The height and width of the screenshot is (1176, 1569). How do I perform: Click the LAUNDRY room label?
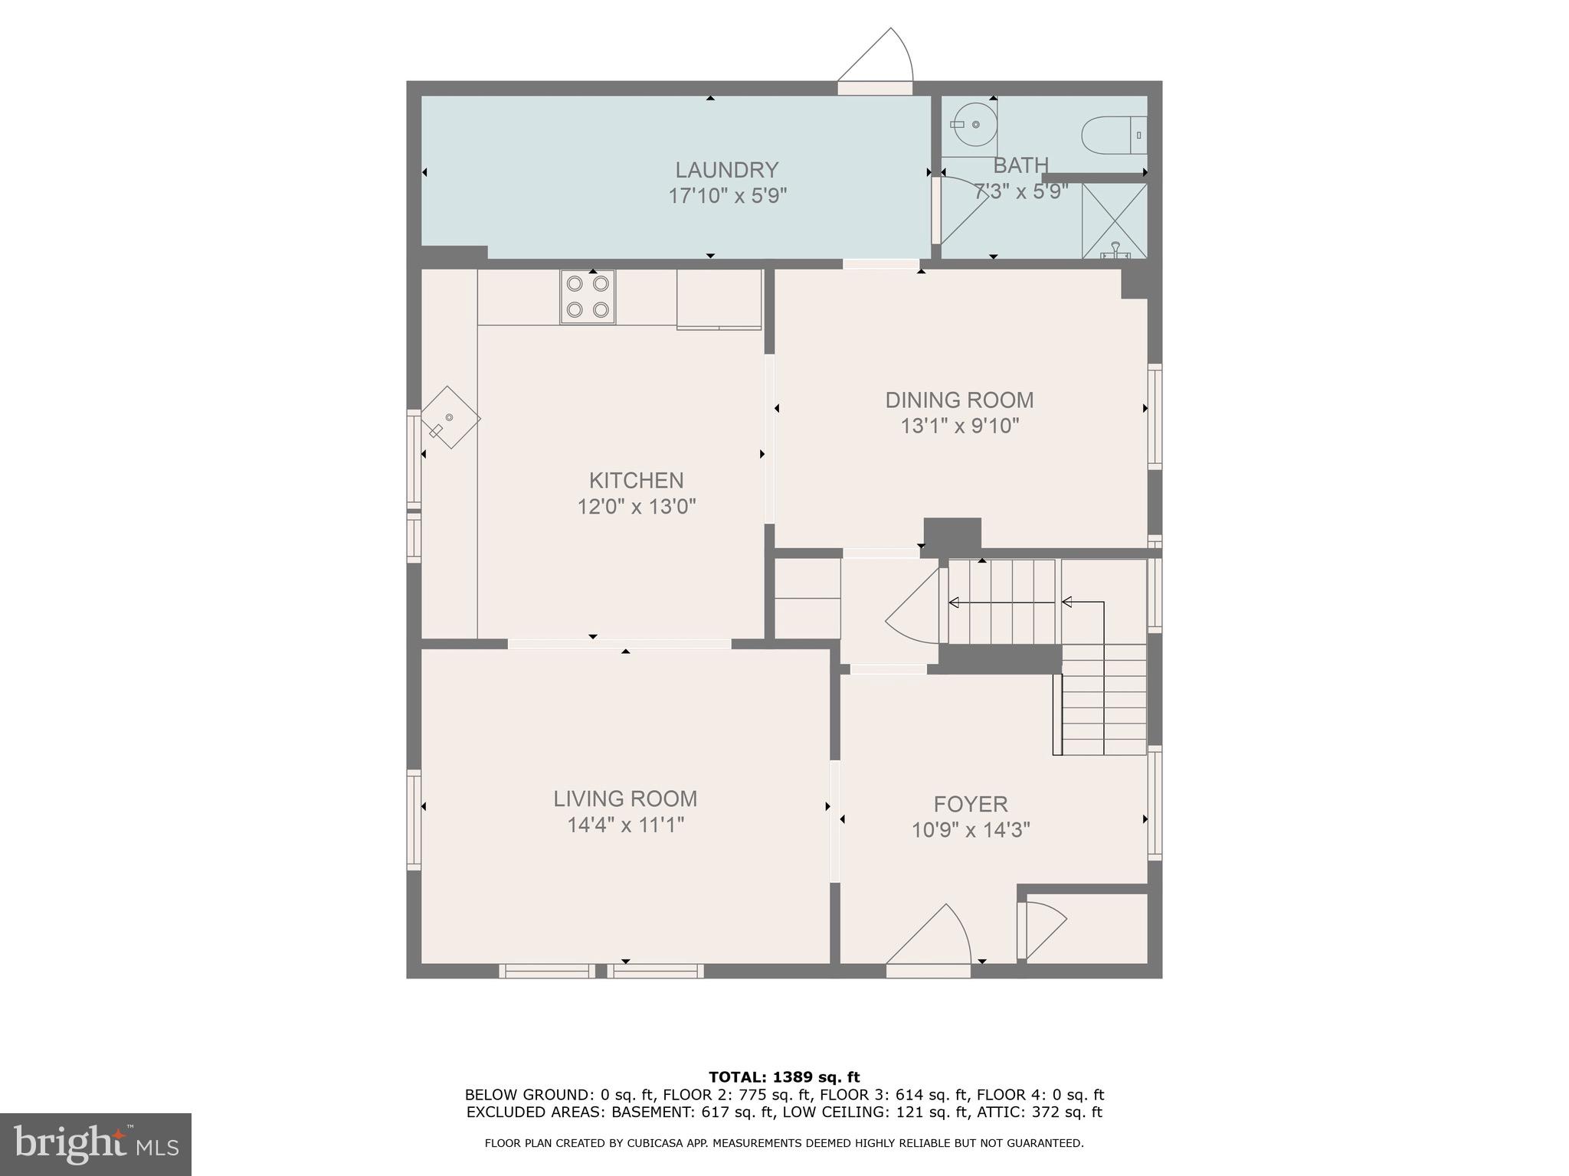tap(726, 169)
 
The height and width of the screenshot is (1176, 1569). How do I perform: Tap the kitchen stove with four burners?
tap(588, 297)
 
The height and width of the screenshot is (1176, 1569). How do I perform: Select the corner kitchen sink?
tap(450, 418)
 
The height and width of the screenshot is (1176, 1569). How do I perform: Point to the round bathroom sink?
tap(974, 125)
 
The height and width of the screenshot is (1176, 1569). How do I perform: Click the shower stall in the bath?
tap(1114, 221)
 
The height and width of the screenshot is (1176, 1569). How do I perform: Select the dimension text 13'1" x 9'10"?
tap(959, 426)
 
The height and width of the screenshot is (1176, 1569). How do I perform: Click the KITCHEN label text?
tap(636, 480)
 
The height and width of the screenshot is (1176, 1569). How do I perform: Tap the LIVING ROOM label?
tap(625, 799)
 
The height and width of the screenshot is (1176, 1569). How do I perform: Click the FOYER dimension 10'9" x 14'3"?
tap(970, 830)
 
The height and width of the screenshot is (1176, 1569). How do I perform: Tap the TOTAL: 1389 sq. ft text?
tap(784, 1077)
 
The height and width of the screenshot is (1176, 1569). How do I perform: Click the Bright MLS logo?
tap(95, 1144)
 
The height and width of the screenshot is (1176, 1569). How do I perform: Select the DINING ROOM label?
tap(959, 400)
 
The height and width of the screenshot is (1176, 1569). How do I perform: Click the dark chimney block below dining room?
tap(952, 534)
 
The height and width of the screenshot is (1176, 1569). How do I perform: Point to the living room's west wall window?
tap(414, 819)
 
